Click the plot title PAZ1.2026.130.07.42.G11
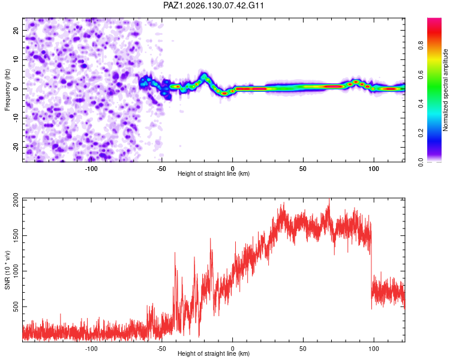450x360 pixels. click(x=213, y=5)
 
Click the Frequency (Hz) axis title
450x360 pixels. click(x=7, y=90)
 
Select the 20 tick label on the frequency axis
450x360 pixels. click(x=16, y=31)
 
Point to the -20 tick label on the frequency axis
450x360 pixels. click(x=16, y=148)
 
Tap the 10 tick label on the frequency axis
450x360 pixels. click(x=16, y=59)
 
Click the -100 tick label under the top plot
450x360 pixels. click(x=91, y=169)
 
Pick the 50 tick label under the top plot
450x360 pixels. click(x=303, y=169)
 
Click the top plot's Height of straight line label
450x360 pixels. click(x=214, y=173)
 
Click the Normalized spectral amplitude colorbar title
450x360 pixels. click(x=445, y=90)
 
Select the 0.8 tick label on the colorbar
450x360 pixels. click(x=421, y=46)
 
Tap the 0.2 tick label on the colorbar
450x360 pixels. click(x=421, y=133)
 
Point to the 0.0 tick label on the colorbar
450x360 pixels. click(x=421, y=163)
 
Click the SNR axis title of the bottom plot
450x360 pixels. click(x=7, y=270)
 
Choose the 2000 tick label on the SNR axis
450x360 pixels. click(x=16, y=200)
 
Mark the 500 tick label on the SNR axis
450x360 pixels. click(x=16, y=307)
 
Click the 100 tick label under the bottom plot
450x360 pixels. click(x=374, y=349)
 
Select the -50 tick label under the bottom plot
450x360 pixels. click(x=162, y=349)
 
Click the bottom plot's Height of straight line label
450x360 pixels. click(x=214, y=353)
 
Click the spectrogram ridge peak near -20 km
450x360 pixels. click(x=205, y=76)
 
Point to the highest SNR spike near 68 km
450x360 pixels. click(x=329, y=199)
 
